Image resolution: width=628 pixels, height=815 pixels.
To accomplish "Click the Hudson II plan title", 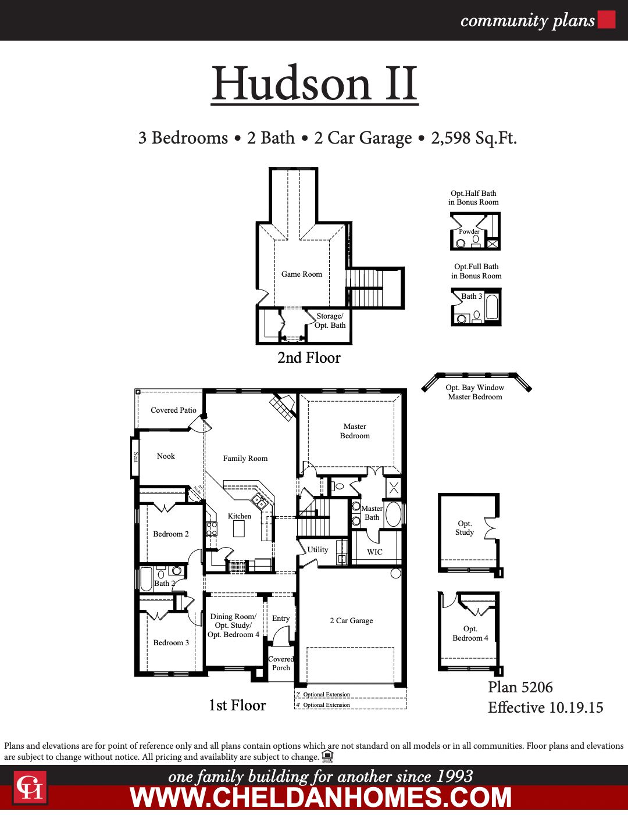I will (315, 84).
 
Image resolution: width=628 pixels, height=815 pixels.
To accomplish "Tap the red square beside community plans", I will (606, 20).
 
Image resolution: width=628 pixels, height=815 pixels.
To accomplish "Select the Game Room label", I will (301, 274).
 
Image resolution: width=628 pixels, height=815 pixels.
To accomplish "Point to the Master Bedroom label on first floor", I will (355, 431).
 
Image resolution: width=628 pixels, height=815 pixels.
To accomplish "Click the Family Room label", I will (245, 459).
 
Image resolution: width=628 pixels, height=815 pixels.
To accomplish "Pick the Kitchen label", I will (240, 516).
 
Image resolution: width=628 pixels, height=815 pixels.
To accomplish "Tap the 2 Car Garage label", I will (351, 621).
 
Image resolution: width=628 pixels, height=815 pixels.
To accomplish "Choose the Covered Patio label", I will (173, 410).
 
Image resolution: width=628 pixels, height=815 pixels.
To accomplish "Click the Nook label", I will (166, 456).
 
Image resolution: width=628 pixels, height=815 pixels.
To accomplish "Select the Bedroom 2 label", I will (171, 534).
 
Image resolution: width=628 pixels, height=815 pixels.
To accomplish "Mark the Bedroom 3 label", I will (171, 643).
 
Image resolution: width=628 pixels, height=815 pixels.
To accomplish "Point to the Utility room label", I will (317, 550).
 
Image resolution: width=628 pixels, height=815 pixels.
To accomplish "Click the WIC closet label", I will (374, 552).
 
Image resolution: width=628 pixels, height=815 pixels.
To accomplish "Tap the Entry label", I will (281, 619).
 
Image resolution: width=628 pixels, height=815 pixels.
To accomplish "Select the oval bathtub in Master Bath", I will (394, 514).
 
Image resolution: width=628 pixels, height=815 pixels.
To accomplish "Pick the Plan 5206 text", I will (520, 688).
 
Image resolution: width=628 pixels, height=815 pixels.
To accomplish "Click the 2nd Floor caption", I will (309, 358).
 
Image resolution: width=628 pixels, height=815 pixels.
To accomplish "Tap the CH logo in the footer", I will (30, 788).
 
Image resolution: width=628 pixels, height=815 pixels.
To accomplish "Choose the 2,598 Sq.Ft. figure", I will (474, 138).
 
